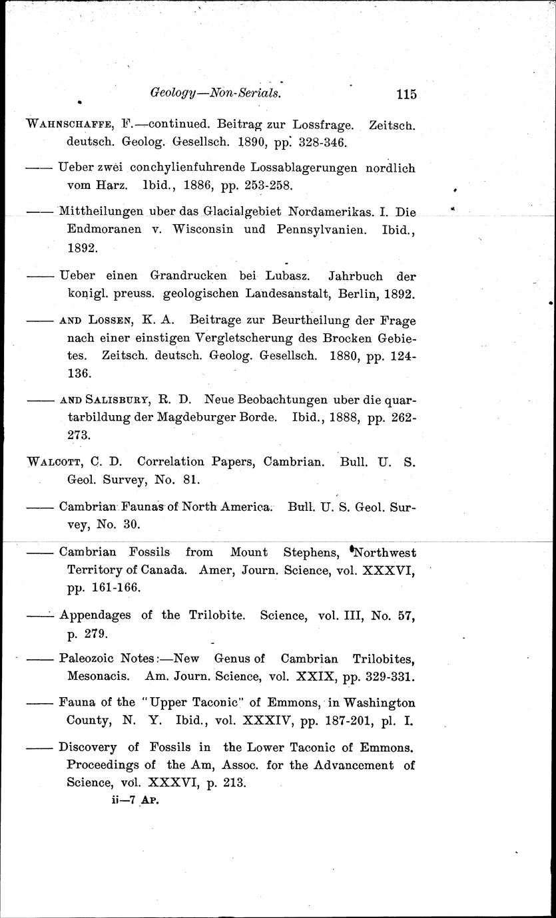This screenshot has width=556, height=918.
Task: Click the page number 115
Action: coord(405,94)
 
